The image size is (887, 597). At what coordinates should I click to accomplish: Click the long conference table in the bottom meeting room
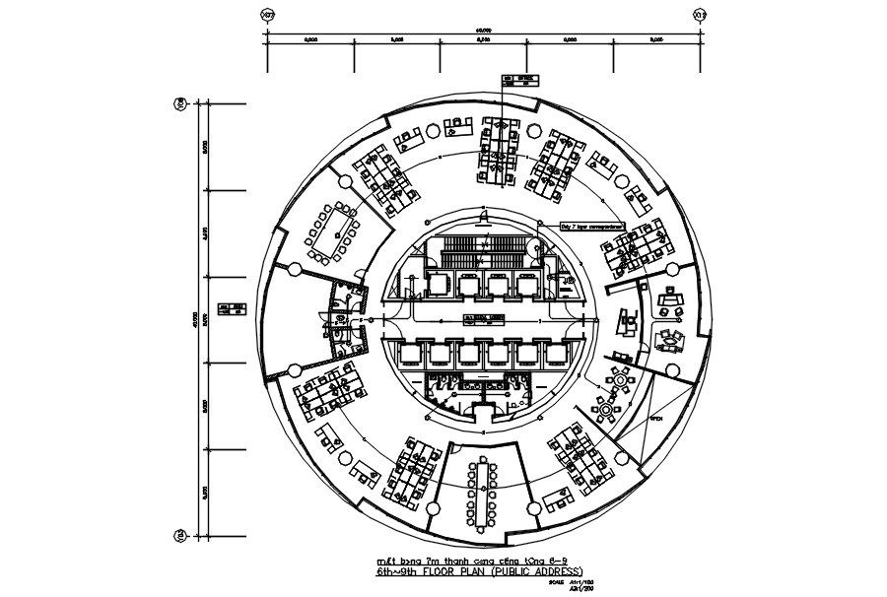(484, 490)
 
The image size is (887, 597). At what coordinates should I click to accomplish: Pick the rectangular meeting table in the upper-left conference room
(330, 232)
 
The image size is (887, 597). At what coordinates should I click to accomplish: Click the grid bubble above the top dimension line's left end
(266, 16)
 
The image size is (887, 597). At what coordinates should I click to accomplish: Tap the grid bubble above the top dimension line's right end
(700, 16)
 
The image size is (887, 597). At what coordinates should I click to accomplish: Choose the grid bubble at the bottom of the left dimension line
(181, 535)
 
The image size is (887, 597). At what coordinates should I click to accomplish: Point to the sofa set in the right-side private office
(671, 338)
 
